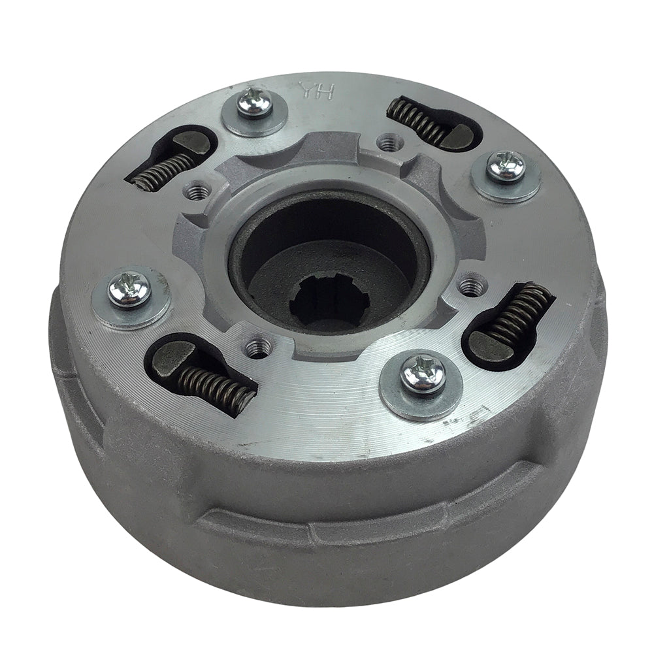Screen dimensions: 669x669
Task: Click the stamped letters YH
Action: (x=316, y=90)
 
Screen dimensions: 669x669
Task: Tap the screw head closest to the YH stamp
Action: (x=255, y=103)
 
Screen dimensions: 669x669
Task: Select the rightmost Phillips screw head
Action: (x=506, y=166)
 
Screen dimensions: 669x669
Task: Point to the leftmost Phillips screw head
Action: (x=130, y=289)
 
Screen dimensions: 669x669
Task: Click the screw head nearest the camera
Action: (x=423, y=374)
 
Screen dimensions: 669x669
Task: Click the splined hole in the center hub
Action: (x=329, y=302)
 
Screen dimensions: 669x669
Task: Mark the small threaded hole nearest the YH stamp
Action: (x=390, y=141)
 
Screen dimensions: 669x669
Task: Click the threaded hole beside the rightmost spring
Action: (x=472, y=285)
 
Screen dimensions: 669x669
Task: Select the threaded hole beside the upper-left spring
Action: (x=197, y=191)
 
